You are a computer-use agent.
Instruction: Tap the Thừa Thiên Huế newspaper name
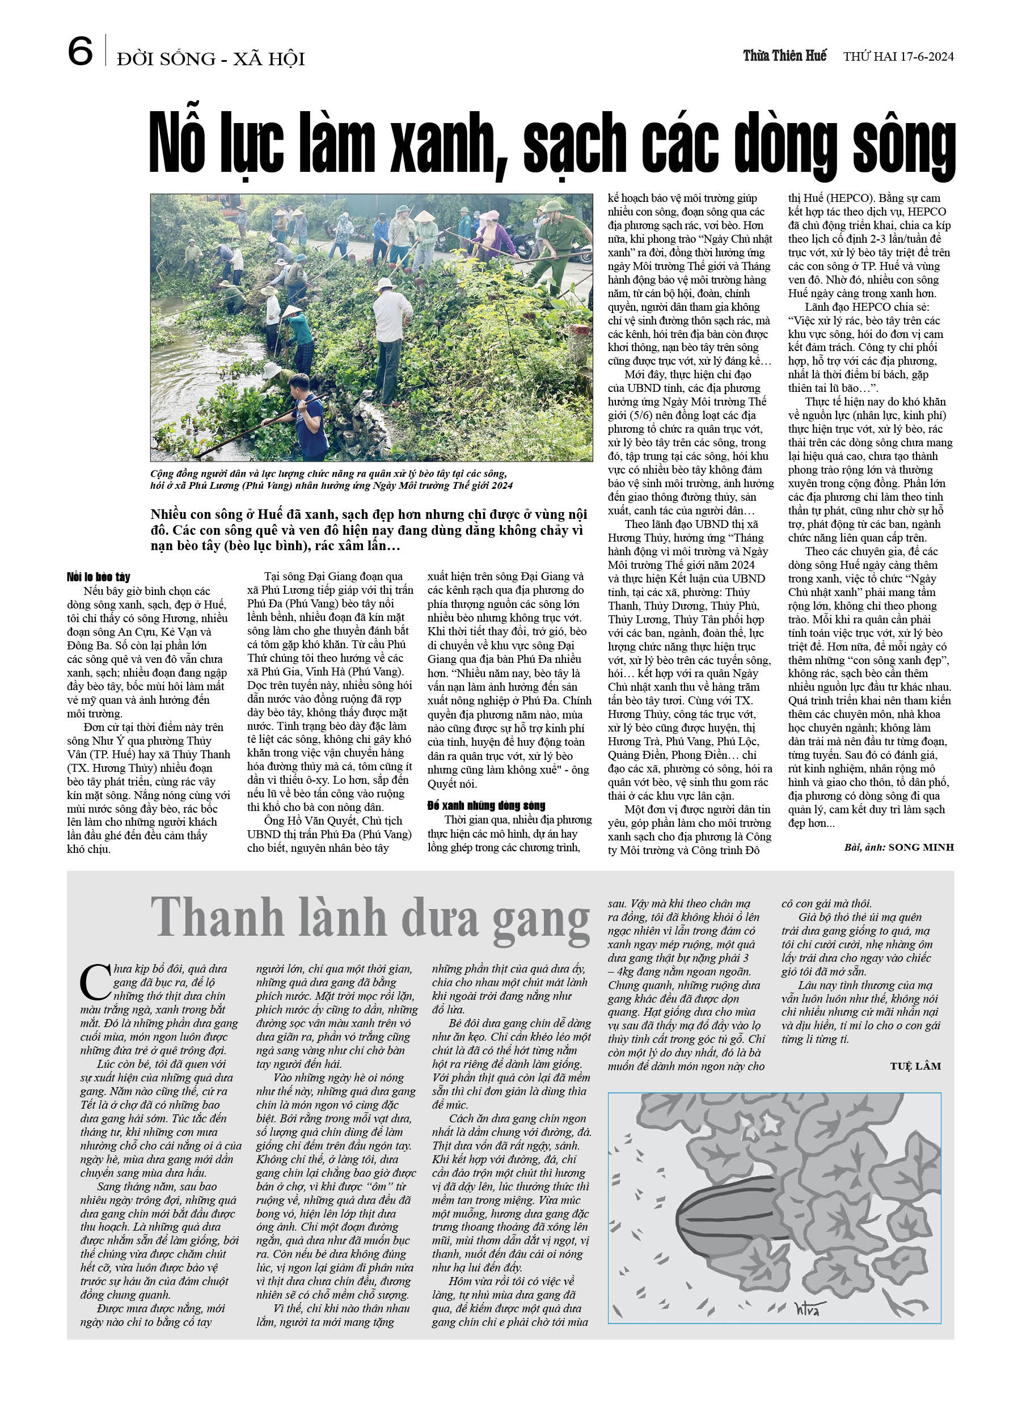point(784,56)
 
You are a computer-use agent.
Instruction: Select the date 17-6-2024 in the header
point(924,57)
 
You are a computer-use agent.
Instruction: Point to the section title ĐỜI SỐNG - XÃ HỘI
point(210,60)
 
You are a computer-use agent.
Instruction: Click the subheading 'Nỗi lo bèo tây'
point(98,577)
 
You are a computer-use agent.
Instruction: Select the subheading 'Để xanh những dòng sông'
point(486,806)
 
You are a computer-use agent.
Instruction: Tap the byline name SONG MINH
point(921,847)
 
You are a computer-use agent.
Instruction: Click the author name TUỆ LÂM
point(915,1066)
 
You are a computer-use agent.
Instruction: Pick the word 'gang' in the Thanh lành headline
point(540,920)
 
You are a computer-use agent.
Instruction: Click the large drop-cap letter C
point(94,983)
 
